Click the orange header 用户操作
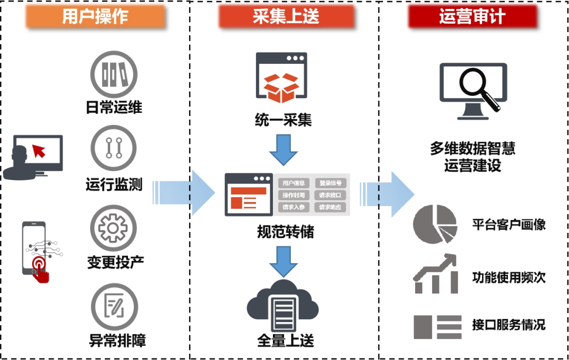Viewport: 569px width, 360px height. pos(95,17)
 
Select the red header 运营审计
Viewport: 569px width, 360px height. pos(473,17)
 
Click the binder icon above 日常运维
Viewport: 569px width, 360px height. pos(114,74)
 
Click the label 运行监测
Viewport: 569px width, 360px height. pos(114,185)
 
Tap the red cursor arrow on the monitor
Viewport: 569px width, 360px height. pos(40,151)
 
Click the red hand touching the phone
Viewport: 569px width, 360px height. pos(41,268)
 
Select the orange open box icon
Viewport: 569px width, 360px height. pos(281,87)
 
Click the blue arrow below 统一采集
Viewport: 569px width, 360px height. pos(284,149)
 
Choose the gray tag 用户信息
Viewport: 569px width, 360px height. pos(293,183)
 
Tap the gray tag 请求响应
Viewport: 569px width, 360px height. pos(330,207)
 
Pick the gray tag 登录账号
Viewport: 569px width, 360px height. pos(330,183)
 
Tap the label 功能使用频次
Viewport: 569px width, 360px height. pos(508,277)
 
